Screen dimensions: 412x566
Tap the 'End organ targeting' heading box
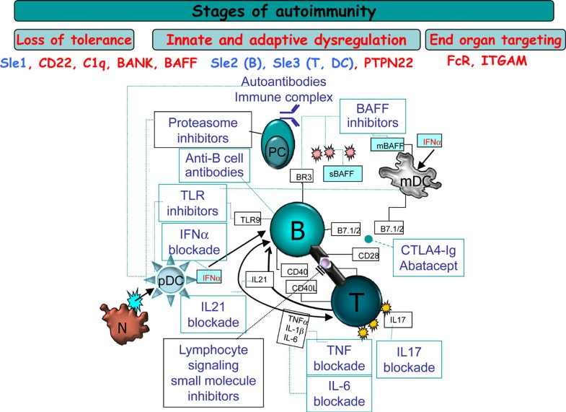tap(491, 40)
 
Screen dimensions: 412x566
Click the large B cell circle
tap(296, 231)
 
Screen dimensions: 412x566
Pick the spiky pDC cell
tap(165, 277)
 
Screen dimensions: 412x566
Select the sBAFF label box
tap(344, 174)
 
